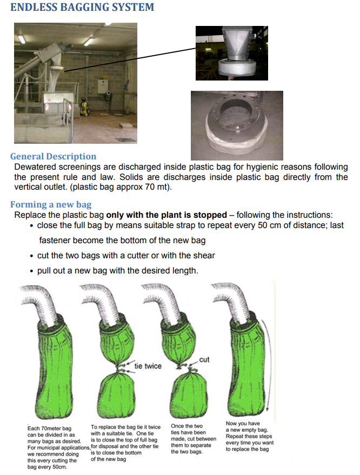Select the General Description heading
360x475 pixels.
coord(53,157)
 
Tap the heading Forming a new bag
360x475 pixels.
coord(51,204)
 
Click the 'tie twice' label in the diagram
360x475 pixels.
coord(148,366)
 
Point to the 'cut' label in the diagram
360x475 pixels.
coord(204,359)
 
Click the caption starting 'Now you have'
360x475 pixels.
coord(249,436)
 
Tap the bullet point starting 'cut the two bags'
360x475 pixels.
coord(125,256)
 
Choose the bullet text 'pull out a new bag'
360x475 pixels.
coord(117,270)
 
